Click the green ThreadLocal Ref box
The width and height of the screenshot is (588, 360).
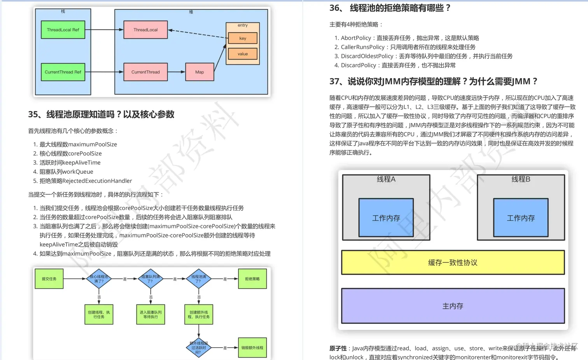click(x=63, y=30)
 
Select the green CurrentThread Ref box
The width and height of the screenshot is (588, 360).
click(x=63, y=72)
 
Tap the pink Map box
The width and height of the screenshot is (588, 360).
click(x=199, y=72)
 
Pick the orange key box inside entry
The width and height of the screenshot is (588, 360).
click(x=243, y=38)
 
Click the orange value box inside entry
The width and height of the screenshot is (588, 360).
click(x=243, y=54)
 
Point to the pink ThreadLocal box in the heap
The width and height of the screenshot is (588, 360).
click(x=145, y=30)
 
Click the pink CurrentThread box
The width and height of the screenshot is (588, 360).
click(x=145, y=72)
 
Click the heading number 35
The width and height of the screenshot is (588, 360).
click(x=33, y=114)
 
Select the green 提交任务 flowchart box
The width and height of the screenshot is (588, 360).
click(x=49, y=279)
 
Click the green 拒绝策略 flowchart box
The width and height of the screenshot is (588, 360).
click(x=252, y=279)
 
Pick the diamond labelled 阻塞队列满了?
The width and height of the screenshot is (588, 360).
click(x=150, y=279)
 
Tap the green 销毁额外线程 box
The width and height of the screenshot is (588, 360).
click(x=252, y=348)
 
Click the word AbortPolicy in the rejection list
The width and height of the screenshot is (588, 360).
click(x=356, y=38)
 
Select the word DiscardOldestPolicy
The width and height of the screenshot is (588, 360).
click(x=367, y=56)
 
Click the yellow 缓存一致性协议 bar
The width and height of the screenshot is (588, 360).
click(x=453, y=263)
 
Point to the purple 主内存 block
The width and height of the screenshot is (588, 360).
click(x=453, y=306)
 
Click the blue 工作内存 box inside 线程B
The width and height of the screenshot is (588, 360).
click(x=521, y=218)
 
